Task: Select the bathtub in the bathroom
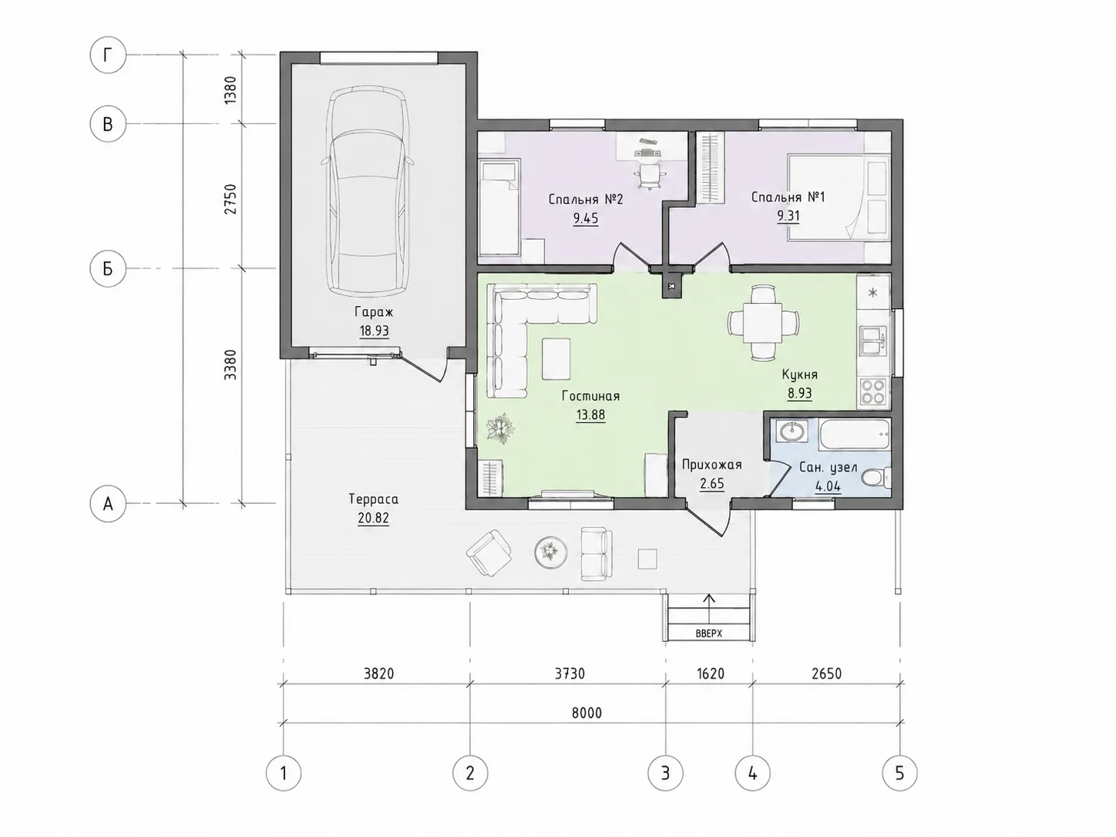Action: pyautogui.click(x=855, y=434)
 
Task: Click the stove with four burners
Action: pyautogui.click(x=873, y=392)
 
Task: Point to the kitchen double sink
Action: pyautogui.click(x=873, y=340)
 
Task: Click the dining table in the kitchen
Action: pyautogui.click(x=763, y=323)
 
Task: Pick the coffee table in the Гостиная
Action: pyautogui.click(x=556, y=359)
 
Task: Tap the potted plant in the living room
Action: pyautogui.click(x=500, y=429)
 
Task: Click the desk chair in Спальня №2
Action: pyautogui.click(x=649, y=176)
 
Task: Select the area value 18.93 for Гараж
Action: pyautogui.click(x=375, y=331)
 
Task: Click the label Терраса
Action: pyautogui.click(x=374, y=499)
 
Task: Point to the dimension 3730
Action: pyautogui.click(x=570, y=674)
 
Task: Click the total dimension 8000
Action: pyautogui.click(x=587, y=712)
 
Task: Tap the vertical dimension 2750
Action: pyautogui.click(x=230, y=199)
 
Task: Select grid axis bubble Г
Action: pyautogui.click(x=108, y=55)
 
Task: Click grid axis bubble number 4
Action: pyautogui.click(x=752, y=773)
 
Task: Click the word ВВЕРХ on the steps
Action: pyautogui.click(x=709, y=634)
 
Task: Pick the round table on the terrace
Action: pyautogui.click(x=550, y=551)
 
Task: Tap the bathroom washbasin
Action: pyautogui.click(x=792, y=433)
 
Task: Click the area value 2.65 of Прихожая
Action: pyautogui.click(x=712, y=483)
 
